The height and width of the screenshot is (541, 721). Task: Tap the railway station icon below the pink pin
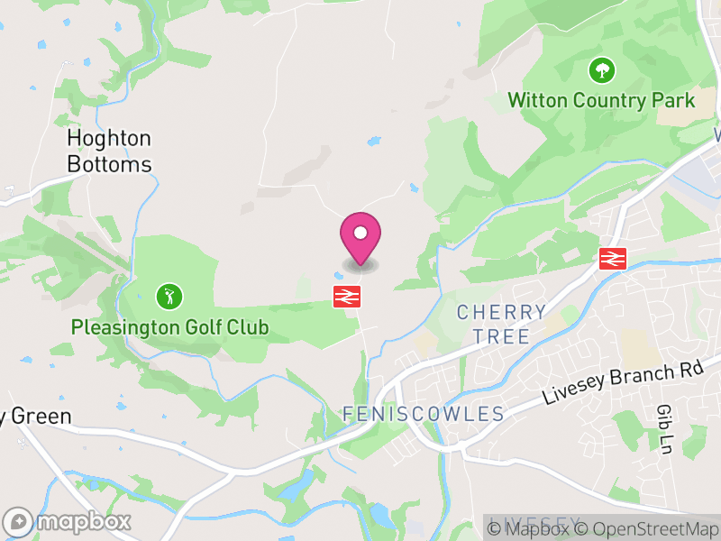pos(347,296)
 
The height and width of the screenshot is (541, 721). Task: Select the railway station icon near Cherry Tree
pos(612,259)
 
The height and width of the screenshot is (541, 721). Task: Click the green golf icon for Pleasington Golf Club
pos(169,296)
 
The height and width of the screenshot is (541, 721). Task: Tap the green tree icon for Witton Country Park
pos(600,69)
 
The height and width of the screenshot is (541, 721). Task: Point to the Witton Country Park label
pos(601,99)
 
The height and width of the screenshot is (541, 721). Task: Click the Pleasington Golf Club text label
pos(169,326)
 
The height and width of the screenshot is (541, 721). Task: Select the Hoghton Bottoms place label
pos(109,151)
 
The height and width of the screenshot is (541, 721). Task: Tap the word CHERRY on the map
pos(501,313)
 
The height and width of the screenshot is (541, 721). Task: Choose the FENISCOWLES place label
pos(423,414)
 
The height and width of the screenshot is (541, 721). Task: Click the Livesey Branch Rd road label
pos(622,384)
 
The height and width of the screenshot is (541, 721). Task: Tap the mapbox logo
pos(68,521)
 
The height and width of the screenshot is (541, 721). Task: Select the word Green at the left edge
pos(40,417)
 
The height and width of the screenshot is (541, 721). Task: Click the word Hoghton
pos(109,139)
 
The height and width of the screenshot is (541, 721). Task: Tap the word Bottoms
pos(109,165)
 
